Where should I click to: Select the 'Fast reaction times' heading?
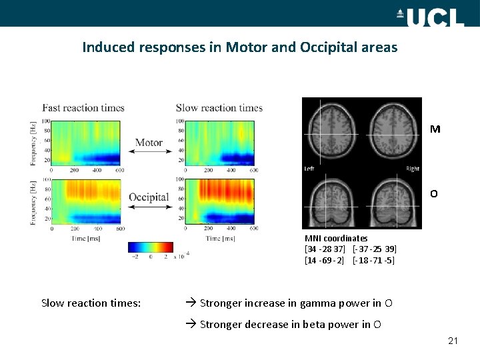(83, 108)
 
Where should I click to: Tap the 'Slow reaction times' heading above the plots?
(219, 108)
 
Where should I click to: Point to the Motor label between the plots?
(149, 142)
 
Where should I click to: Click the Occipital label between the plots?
(149, 197)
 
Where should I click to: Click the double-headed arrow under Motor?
(149, 152)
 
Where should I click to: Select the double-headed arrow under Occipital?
(149, 207)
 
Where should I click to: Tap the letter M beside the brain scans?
(435, 129)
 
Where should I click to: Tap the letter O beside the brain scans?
(434, 194)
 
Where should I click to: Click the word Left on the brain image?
(309, 169)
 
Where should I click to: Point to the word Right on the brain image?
(413, 169)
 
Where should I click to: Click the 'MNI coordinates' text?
(336, 238)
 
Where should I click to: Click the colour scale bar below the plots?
(151, 247)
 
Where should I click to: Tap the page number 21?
(453, 341)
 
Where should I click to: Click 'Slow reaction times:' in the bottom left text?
(91, 303)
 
